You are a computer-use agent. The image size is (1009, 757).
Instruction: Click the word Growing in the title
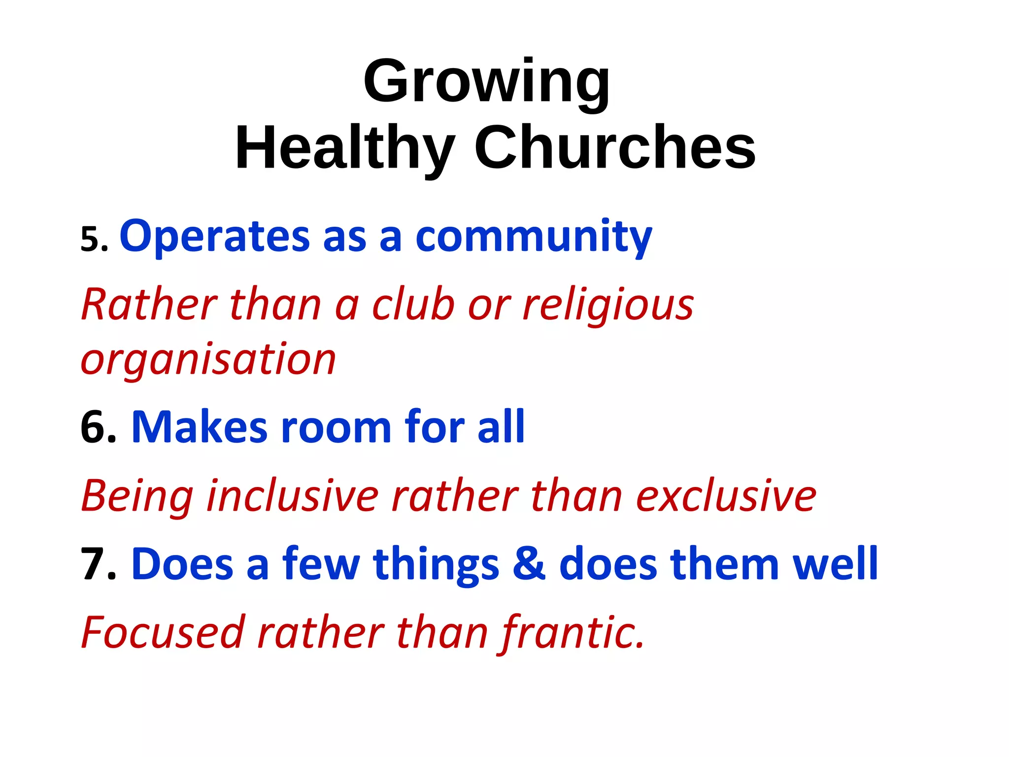486,81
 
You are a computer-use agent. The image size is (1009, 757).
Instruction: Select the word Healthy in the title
345,148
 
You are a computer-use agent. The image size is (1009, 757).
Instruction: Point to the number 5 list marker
94,240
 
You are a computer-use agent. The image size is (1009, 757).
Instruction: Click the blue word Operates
215,237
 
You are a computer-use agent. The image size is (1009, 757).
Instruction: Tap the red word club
413,305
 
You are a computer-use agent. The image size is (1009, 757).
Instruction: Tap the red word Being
137,497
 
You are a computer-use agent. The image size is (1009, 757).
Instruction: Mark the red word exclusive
726,496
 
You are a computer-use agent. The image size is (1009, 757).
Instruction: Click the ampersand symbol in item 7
529,564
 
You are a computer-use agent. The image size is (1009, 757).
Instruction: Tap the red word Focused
163,632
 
